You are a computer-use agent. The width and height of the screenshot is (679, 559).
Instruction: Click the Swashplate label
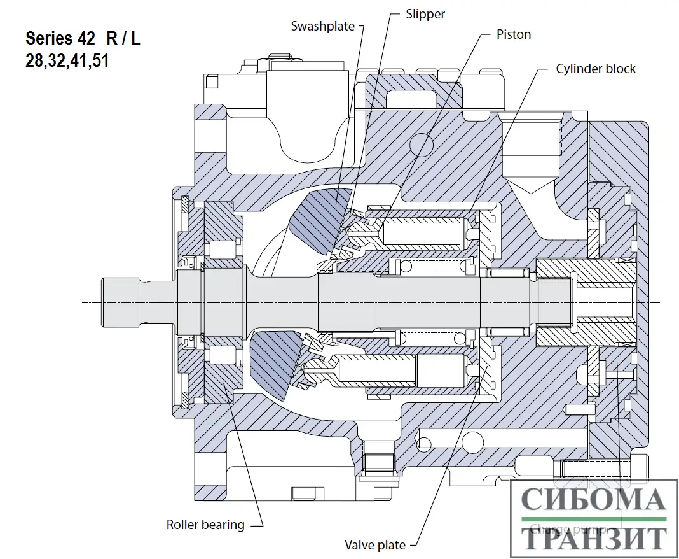(x=322, y=26)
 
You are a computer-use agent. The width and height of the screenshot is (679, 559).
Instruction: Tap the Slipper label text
(x=425, y=14)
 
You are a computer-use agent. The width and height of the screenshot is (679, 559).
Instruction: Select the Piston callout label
(x=513, y=34)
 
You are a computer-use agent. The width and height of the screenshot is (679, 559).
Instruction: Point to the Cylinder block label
(x=595, y=69)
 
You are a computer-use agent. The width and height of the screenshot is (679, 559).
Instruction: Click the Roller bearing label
(x=205, y=525)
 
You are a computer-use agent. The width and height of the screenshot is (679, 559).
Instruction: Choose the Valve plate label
(x=374, y=545)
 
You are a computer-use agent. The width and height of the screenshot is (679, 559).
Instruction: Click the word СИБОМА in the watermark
(x=594, y=500)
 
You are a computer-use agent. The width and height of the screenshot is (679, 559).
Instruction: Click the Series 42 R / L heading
(x=83, y=38)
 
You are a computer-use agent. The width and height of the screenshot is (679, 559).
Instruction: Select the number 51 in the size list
(x=99, y=62)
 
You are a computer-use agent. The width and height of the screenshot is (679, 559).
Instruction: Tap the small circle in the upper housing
(x=421, y=146)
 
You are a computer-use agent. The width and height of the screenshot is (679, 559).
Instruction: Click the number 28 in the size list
(x=34, y=62)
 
